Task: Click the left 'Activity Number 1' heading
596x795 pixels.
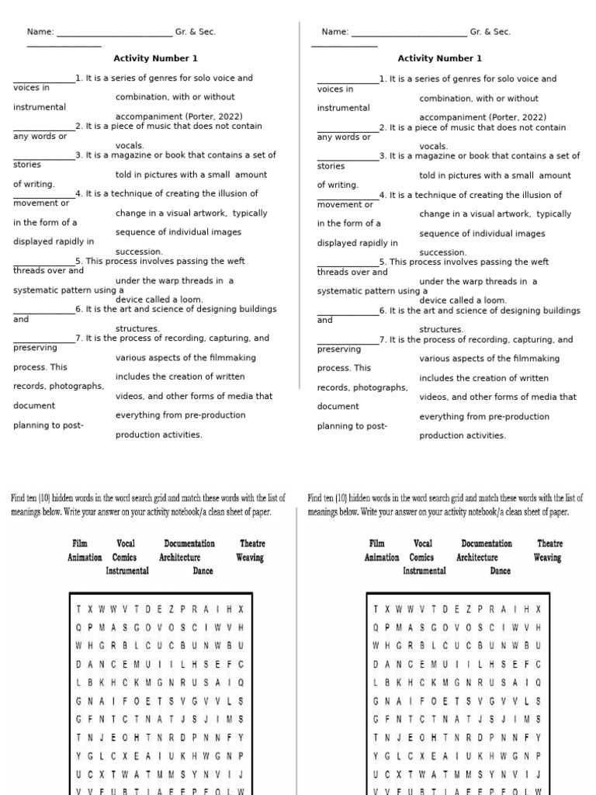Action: (155, 58)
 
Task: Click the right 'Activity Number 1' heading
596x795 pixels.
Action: (439, 58)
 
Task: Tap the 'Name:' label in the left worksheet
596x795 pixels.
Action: (40, 32)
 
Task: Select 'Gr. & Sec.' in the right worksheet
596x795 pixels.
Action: (490, 32)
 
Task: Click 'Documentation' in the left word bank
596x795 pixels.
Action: (189, 544)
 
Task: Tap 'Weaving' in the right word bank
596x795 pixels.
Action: (547, 557)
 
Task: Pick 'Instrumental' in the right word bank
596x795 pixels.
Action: (424, 571)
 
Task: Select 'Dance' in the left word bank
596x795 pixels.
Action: (203, 571)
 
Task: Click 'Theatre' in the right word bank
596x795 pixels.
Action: (550, 544)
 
